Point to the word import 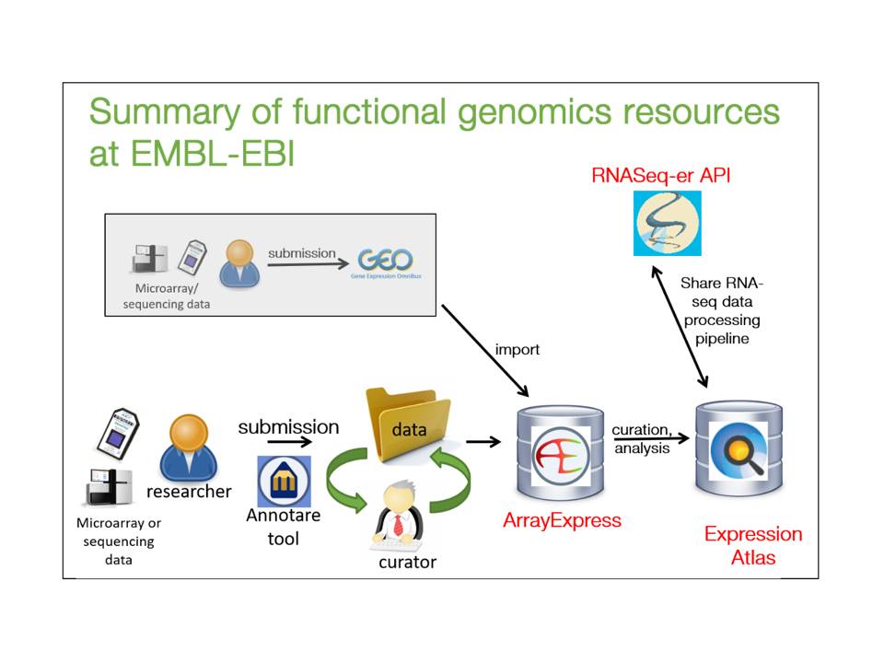pos(516,350)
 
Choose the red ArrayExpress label pos(562,520)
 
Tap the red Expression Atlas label pos(752,545)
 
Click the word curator pos(407,563)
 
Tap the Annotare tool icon pos(284,481)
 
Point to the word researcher pos(189,491)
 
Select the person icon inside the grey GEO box pos(238,263)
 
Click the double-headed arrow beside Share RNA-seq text pos(680,327)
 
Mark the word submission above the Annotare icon pos(288,427)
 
